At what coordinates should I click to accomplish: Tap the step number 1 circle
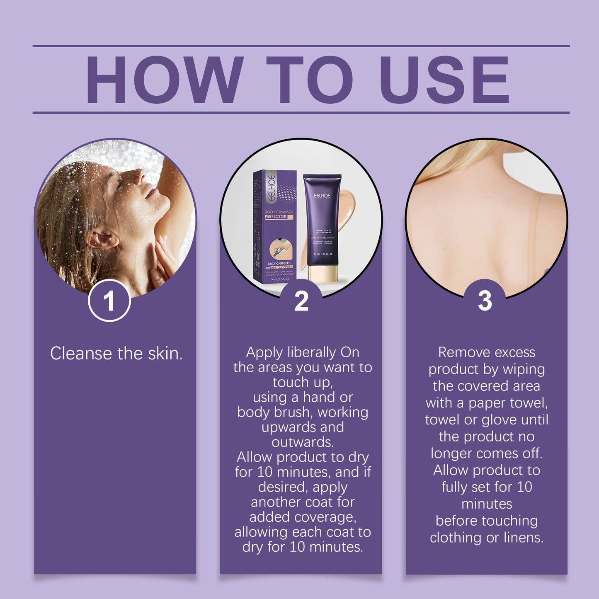pyautogui.click(x=109, y=301)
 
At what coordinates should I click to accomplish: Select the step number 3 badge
pyautogui.click(x=485, y=301)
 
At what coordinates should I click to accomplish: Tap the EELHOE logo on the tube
pyautogui.click(x=322, y=195)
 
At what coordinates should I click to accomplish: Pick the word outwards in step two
pyautogui.click(x=302, y=442)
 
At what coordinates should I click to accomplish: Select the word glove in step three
pyautogui.click(x=500, y=420)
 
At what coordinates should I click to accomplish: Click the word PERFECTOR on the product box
pyautogui.click(x=276, y=216)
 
